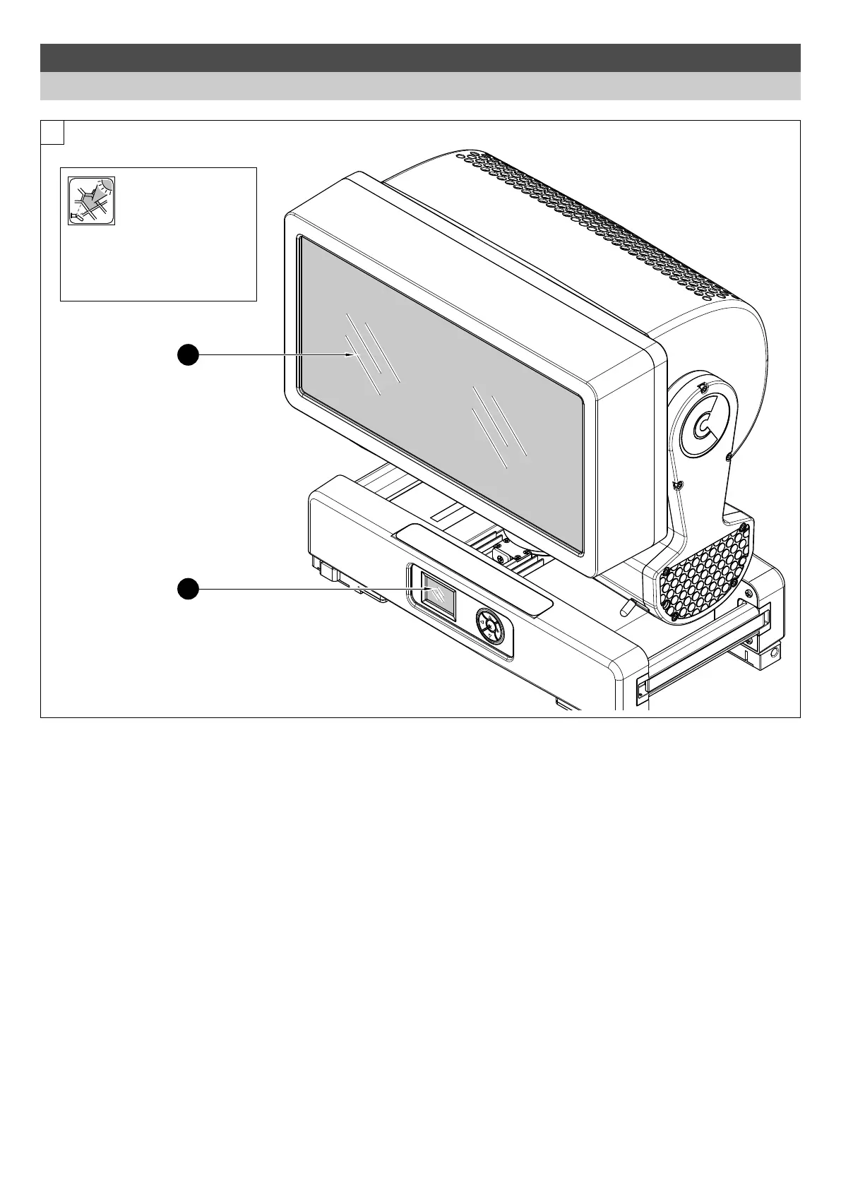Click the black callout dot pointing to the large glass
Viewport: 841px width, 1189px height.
[x=187, y=355]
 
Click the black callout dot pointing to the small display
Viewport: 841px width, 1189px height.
[x=187, y=589]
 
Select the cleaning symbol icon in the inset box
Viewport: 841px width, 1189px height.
[x=91, y=201]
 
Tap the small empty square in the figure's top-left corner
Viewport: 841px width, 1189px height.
[x=52, y=132]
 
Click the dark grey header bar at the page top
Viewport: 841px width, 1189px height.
[x=420, y=57]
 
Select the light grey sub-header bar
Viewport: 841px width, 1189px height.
[x=420, y=86]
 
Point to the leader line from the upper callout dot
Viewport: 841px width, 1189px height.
[x=268, y=355]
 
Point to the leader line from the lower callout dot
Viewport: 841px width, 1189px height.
[x=304, y=589]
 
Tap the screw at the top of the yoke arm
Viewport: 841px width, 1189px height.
[x=703, y=386]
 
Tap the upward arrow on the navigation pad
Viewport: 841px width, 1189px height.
[x=490, y=616]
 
